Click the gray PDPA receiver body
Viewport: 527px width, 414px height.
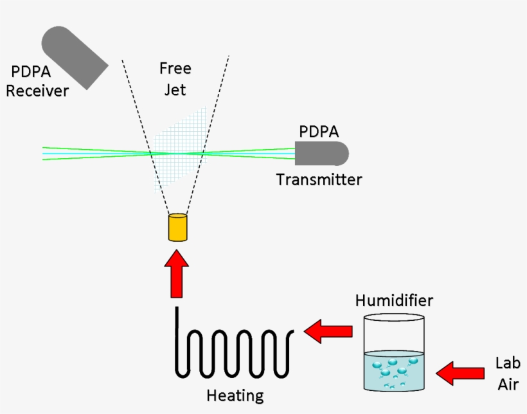(74, 57)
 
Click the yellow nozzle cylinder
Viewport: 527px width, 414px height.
(177, 228)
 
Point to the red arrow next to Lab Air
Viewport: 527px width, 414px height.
(460, 372)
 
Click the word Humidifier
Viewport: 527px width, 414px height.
(394, 300)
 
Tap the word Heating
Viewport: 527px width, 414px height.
(235, 394)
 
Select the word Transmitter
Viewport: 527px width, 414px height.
(319, 179)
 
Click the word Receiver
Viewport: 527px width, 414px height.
(37, 91)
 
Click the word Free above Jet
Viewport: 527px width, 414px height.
(175, 68)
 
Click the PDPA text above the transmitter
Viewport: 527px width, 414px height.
(319, 132)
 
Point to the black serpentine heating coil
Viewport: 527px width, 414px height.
(235, 350)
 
